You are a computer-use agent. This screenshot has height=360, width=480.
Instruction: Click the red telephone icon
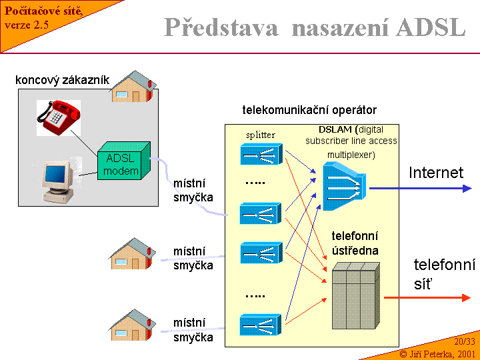coord(59,118)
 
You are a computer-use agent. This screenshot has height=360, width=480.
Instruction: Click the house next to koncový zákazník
coord(133,87)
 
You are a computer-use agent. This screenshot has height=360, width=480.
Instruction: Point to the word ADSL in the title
coord(431,27)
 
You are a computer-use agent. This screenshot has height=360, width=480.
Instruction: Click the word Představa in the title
coord(221,27)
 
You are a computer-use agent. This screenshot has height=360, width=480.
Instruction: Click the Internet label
coord(436,173)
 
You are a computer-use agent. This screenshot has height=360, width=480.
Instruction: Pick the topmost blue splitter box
coord(261,155)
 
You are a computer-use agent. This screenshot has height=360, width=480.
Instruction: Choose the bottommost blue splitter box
coord(261,325)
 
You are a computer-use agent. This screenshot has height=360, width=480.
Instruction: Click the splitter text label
coord(260,135)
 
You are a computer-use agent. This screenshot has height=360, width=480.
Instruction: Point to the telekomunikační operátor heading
coord(309,110)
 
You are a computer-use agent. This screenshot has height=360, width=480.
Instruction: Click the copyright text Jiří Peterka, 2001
coord(437,353)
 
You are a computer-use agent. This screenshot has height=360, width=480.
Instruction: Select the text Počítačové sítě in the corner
coord(44,12)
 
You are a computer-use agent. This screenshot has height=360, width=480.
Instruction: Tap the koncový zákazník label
coord(62,81)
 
